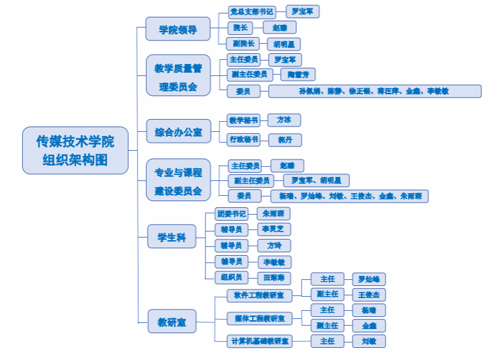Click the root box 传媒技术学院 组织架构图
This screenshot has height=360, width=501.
75,150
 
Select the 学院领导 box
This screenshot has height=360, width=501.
178,30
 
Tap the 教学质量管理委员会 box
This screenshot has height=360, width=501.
178,77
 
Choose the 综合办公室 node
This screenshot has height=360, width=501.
178,131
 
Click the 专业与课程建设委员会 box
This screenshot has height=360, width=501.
178,181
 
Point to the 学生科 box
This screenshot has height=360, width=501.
172,237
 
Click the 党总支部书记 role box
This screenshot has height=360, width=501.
252,11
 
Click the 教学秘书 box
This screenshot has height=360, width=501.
243,120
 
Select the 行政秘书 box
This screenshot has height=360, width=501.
243,140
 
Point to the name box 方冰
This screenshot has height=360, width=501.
283,120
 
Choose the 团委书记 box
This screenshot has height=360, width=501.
231,213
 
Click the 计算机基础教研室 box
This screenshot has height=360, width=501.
259,341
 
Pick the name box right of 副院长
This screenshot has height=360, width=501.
283,44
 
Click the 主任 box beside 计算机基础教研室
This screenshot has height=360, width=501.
328,341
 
